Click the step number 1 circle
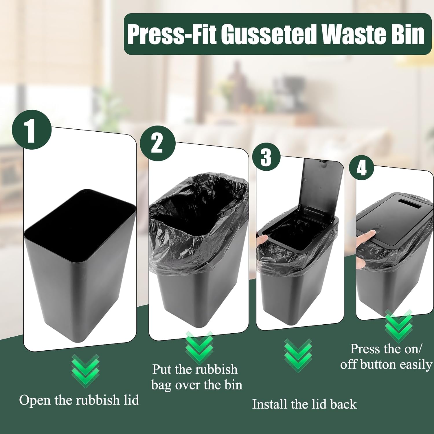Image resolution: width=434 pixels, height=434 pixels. point(32,130)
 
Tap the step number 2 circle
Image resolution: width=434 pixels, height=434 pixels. point(158,144)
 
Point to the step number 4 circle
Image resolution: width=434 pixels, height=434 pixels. point(362,168)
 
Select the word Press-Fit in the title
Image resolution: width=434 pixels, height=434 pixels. point(172,34)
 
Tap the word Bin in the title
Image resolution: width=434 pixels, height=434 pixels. point(408,34)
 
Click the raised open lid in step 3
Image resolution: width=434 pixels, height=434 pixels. point(321,188)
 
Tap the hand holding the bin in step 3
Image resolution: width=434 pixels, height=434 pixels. point(262,241)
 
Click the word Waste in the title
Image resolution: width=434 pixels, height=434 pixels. point(354,34)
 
